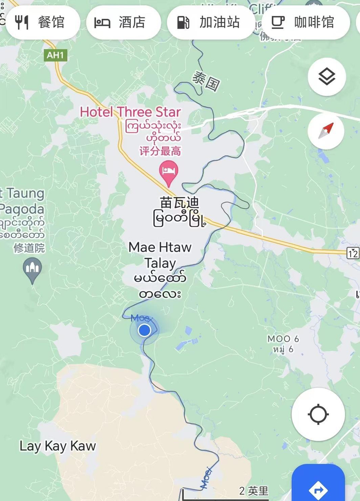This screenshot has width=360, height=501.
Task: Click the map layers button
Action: pos(327,77)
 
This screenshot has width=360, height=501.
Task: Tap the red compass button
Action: pos(327,131)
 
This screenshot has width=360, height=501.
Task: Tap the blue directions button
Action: pos(318,486)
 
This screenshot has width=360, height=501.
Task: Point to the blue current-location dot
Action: pos(145,330)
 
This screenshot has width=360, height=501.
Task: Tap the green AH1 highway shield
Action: pos(56,55)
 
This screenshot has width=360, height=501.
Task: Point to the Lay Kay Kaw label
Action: pos(58,446)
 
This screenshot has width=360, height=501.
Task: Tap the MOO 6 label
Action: pos(283,339)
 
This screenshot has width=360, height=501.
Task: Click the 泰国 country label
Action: pos(206,81)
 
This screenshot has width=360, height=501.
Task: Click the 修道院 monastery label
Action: pos(29,248)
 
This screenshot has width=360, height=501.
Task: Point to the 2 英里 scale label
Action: pos(254,491)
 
